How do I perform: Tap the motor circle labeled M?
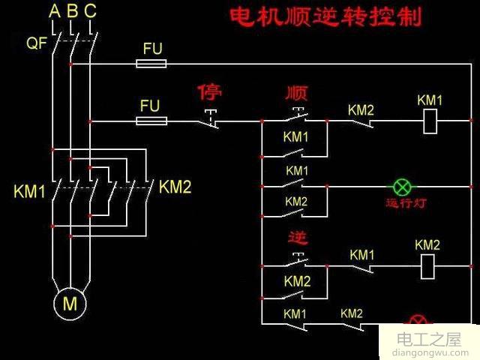pos(70,304)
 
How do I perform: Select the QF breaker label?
pos(37,43)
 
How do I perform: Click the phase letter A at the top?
pos(54,11)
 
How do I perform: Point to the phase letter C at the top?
pos(90,11)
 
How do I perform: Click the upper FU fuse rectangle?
pos(151,64)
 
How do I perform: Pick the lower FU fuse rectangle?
pos(151,120)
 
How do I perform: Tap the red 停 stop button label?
pos(210,93)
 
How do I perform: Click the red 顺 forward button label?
pos(297,93)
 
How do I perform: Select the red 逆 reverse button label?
pos(298,238)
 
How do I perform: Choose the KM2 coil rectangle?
pos(427,265)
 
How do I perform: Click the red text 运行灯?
pos(405,203)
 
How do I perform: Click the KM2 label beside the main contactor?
pos(175,187)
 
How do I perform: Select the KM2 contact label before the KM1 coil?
pos(361,109)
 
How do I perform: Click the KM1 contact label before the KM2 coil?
pos(362,255)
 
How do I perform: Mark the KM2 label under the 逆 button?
pos(297,281)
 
